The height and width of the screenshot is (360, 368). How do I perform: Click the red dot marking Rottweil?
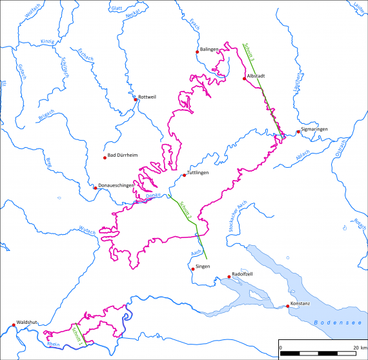[x=136, y=99]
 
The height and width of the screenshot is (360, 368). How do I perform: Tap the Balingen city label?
[x=209, y=50]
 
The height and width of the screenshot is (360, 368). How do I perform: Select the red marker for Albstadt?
[x=244, y=79]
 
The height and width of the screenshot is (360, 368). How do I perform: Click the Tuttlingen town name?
[x=198, y=172]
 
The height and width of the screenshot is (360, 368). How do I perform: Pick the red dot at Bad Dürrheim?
[x=105, y=157]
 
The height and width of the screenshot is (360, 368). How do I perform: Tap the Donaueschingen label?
[x=117, y=186]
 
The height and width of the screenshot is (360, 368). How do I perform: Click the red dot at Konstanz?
[x=288, y=306]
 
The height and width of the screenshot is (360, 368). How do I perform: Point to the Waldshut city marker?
[x=14, y=325]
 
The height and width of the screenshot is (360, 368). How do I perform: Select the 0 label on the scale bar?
[x=280, y=348]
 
